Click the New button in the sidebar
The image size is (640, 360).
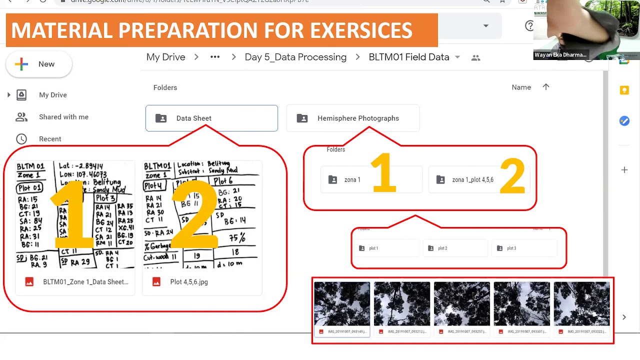39,64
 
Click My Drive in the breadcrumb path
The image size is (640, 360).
165,57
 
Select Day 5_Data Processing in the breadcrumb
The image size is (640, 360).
295,57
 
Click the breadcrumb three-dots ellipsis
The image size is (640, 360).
215,57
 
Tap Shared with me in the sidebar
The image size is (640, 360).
63,117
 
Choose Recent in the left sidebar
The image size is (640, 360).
50,139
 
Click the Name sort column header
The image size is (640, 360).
521,87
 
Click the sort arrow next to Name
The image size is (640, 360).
546,87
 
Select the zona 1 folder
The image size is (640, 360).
352,180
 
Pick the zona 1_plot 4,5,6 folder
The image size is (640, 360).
472,180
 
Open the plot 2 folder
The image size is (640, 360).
442,248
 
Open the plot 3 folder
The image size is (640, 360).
511,248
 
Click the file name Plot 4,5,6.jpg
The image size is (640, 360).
188,282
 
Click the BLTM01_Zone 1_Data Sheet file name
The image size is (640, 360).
85,282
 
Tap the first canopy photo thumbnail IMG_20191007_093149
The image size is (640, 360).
342,303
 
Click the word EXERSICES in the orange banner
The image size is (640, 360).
361,30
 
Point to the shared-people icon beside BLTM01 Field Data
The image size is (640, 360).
475,58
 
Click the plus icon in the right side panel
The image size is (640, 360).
624,170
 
